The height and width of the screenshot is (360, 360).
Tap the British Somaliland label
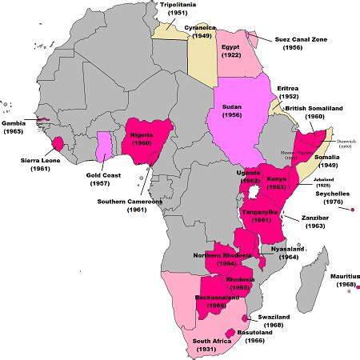(x=320, y=106)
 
